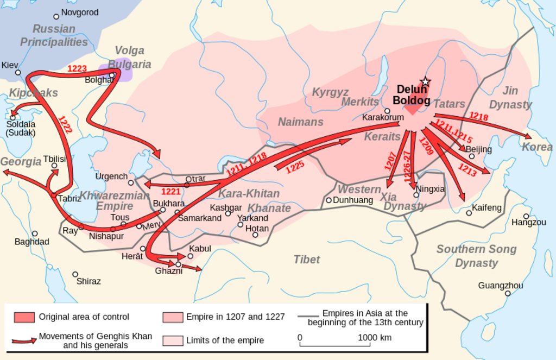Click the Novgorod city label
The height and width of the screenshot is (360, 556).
(80, 12)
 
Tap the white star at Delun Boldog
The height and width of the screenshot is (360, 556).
(425, 82)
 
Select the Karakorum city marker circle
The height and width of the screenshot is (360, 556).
(387, 111)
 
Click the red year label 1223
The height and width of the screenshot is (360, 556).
(77, 68)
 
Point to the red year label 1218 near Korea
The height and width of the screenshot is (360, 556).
(478, 116)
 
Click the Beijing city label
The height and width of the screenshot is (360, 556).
(478, 149)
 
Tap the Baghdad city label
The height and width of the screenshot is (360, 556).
(31, 242)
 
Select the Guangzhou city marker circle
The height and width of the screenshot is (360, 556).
(508, 293)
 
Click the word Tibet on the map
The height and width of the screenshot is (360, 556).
(307, 260)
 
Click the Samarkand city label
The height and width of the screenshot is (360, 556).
(199, 218)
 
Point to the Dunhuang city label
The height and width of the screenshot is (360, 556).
(353, 200)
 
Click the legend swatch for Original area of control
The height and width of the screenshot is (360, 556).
(24, 317)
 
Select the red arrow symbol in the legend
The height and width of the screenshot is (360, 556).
(24, 341)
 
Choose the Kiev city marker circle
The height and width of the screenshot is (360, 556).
(18, 72)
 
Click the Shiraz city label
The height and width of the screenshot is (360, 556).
(89, 281)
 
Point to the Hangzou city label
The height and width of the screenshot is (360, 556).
(528, 222)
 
